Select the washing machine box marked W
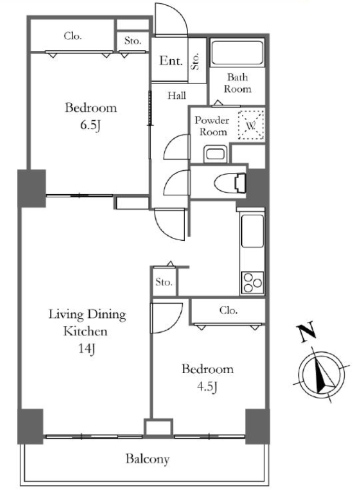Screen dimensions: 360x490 251,125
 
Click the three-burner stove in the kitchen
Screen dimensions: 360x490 252,283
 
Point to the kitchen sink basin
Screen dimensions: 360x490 252,231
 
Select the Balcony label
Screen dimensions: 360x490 147,459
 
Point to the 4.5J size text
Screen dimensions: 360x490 207,387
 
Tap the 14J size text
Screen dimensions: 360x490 86,348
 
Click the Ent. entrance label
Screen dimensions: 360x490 170,60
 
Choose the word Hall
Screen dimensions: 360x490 177,95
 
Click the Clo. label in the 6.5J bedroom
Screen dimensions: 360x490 72,36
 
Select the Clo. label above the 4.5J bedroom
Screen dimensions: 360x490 228,310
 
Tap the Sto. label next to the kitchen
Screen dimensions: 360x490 164,282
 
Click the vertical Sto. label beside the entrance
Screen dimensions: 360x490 195,61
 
